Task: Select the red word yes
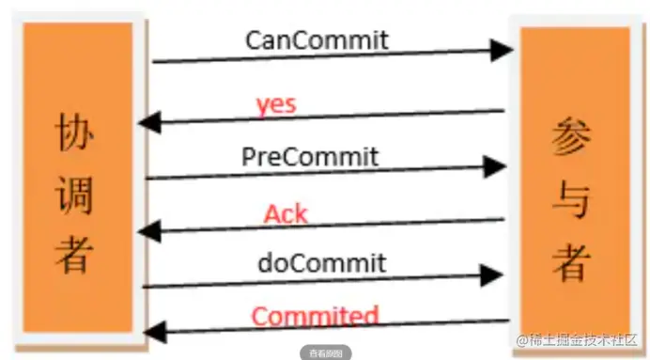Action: (x=276, y=103)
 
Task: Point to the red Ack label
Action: (x=286, y=213)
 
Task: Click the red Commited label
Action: (x=315, y=316)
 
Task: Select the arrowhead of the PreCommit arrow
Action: (x=494, y=167)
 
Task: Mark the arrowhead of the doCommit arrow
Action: (x=492, y=275)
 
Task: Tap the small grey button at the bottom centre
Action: (x=326, y=353)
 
